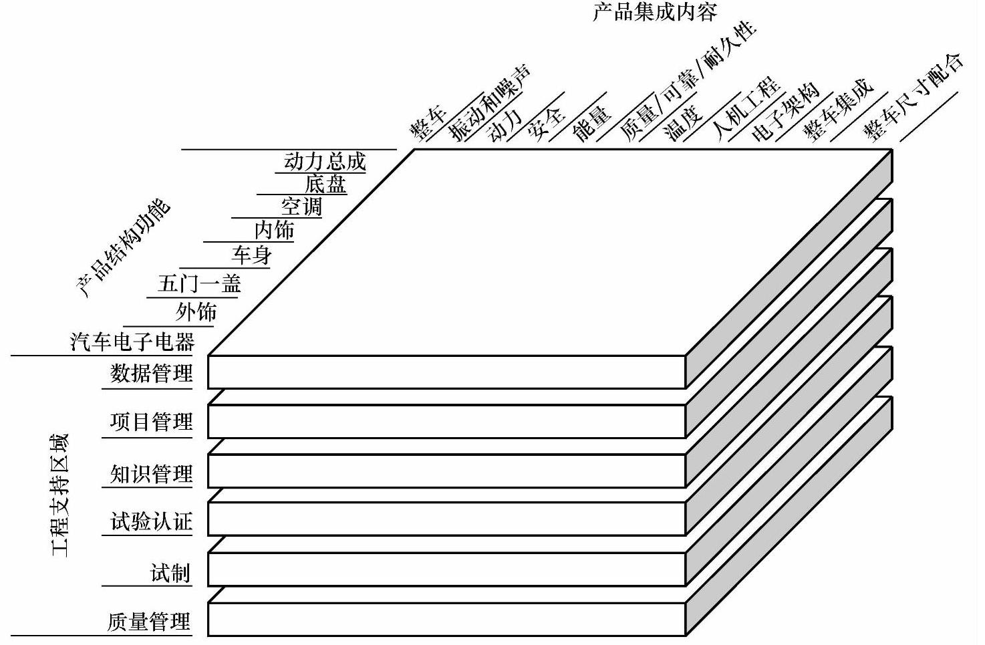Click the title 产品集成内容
654,12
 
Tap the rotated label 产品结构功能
123,248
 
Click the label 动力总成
325,161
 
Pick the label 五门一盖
199,284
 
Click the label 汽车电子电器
132,342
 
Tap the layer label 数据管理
152,372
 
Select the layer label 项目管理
152,422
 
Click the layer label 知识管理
152,474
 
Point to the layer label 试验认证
152,521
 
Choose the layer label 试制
170,573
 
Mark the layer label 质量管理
149,622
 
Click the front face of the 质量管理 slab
447,618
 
